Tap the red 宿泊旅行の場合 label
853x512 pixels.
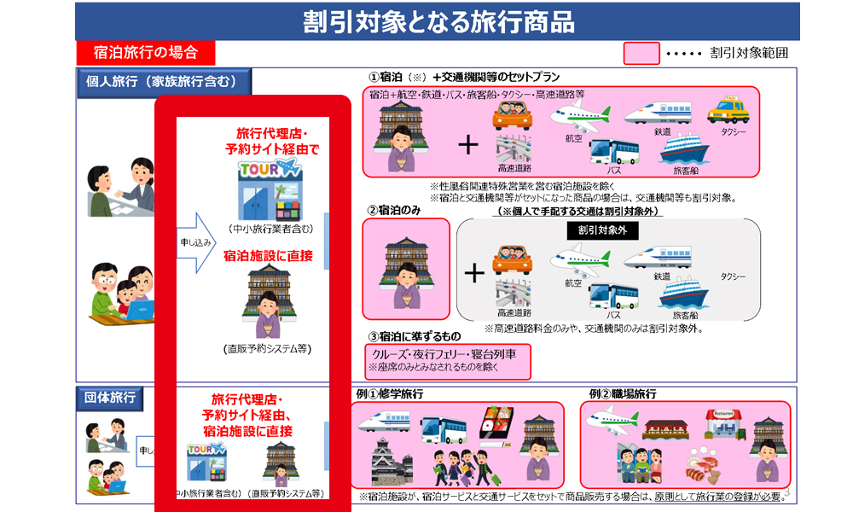tap(137, 53)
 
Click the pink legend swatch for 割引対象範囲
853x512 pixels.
tap(641, 53)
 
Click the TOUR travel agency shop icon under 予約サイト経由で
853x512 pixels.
tap(269, 189)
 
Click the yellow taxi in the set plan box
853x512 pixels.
tap(728, 110)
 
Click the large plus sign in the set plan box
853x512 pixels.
tap(468, 144)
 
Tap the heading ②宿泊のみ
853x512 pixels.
tap(396, 210)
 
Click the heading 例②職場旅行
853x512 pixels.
tap(622, 394)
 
